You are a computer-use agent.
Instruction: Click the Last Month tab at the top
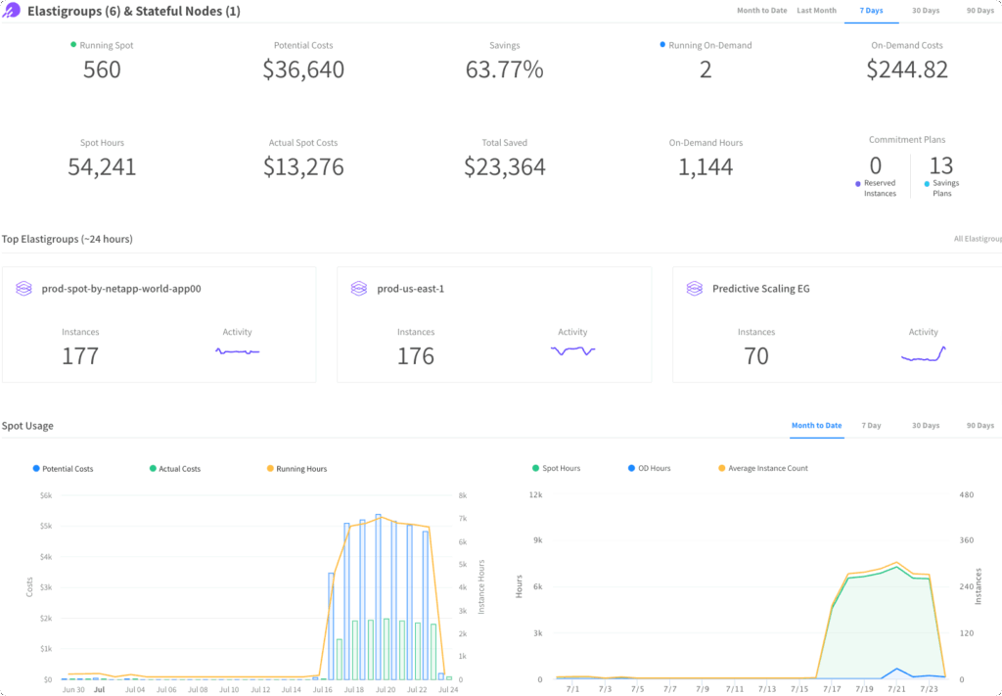click(x=816, y=11)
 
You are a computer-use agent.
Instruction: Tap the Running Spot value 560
click(x=102, y=70)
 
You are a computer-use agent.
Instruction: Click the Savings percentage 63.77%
click(x=504, y=70)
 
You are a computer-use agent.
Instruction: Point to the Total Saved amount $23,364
click(x=504, y=167)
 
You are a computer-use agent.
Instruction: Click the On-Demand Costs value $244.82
click(x=907, y=70)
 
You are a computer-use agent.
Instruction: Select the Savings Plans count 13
click(x=940, y=165)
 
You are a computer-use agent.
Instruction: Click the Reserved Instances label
click(x=879, y=188)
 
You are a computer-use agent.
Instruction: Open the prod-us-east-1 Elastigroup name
click(x=410, y=289)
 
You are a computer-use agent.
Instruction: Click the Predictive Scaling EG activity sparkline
click(x=923, y=355)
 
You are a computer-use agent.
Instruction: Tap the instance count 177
click(x=80, y=355)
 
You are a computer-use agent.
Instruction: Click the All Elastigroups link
click(x=977, y=239)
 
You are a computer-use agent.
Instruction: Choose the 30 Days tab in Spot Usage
click(x=925, y=426)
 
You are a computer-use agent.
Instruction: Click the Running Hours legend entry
click(x=300, y=469)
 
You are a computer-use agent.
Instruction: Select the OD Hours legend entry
click(x=654, y=469)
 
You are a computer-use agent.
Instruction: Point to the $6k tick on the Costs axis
click(x=45, y=495)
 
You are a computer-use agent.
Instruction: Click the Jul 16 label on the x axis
click(x=323, y=689)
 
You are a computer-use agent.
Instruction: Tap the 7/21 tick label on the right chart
click(x=895, y=689)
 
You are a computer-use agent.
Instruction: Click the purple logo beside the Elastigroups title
click(x=12, y=11)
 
